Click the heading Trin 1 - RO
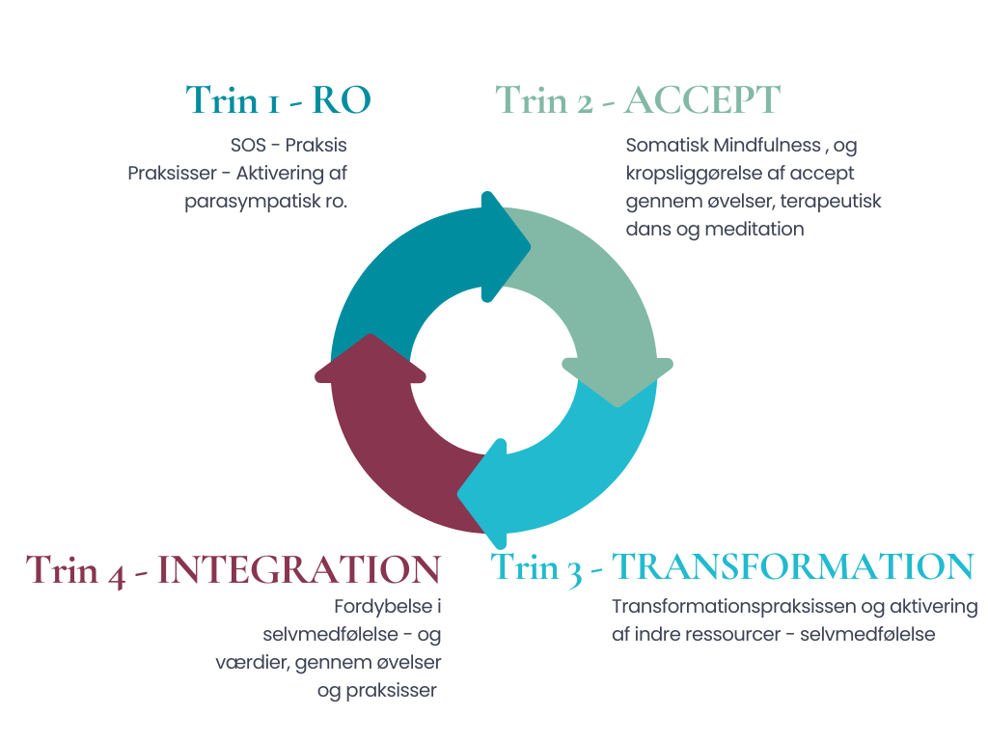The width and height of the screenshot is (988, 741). (x=278, y=100)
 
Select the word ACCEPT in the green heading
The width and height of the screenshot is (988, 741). (x=701, y=100)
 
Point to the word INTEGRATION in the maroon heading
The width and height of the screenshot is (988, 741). (x=299, y=569)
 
